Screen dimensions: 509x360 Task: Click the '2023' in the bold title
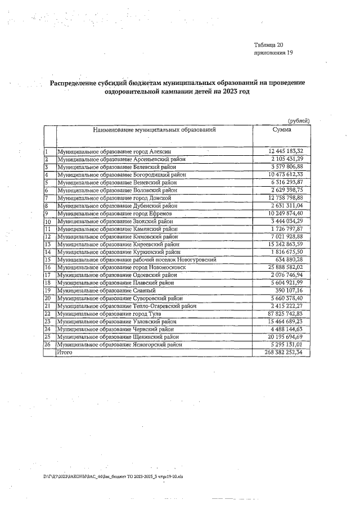(214, 91)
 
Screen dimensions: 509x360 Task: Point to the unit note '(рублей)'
(299, 120)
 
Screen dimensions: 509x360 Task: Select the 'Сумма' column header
(281, 130)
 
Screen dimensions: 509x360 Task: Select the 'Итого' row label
(65, 352)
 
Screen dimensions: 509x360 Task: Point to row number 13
(48, 245)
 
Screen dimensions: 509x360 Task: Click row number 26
(48, 344)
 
